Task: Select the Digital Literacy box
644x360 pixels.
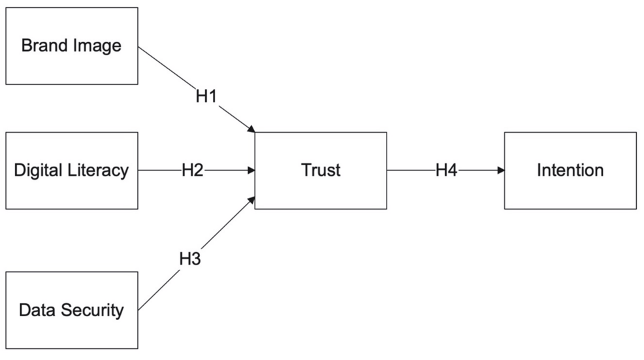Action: pyautogui.click(x=71, y=171)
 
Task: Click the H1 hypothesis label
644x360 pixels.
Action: pyautogui.click(x=206, y=96)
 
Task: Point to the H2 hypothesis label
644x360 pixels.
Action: pyautogui.click(x=193, y=171)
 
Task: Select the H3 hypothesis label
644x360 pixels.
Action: pyautogui.click(x=190, y=259)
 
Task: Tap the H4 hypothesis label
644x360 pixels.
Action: pyautogui.click(x=447, y=171)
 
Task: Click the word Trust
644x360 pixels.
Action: pyautogui.click(x=321, y=171)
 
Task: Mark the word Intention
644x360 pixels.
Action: pyautogui.click(x=570, y=171)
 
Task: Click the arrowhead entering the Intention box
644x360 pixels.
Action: pyautogui.click(x=500, y=171)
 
